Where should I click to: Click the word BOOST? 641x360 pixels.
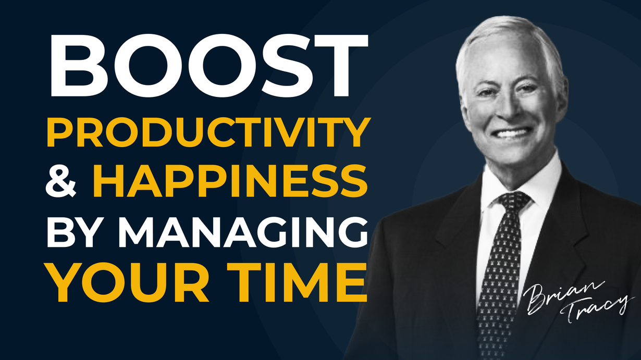[x=209, y=65]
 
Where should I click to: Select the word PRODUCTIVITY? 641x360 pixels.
[x=208, y=132]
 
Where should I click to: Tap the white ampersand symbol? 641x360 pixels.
[x=61, y=181]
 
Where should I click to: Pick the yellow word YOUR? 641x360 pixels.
[x=128, y=282]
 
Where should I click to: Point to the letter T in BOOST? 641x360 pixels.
[x=341, y=66]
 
